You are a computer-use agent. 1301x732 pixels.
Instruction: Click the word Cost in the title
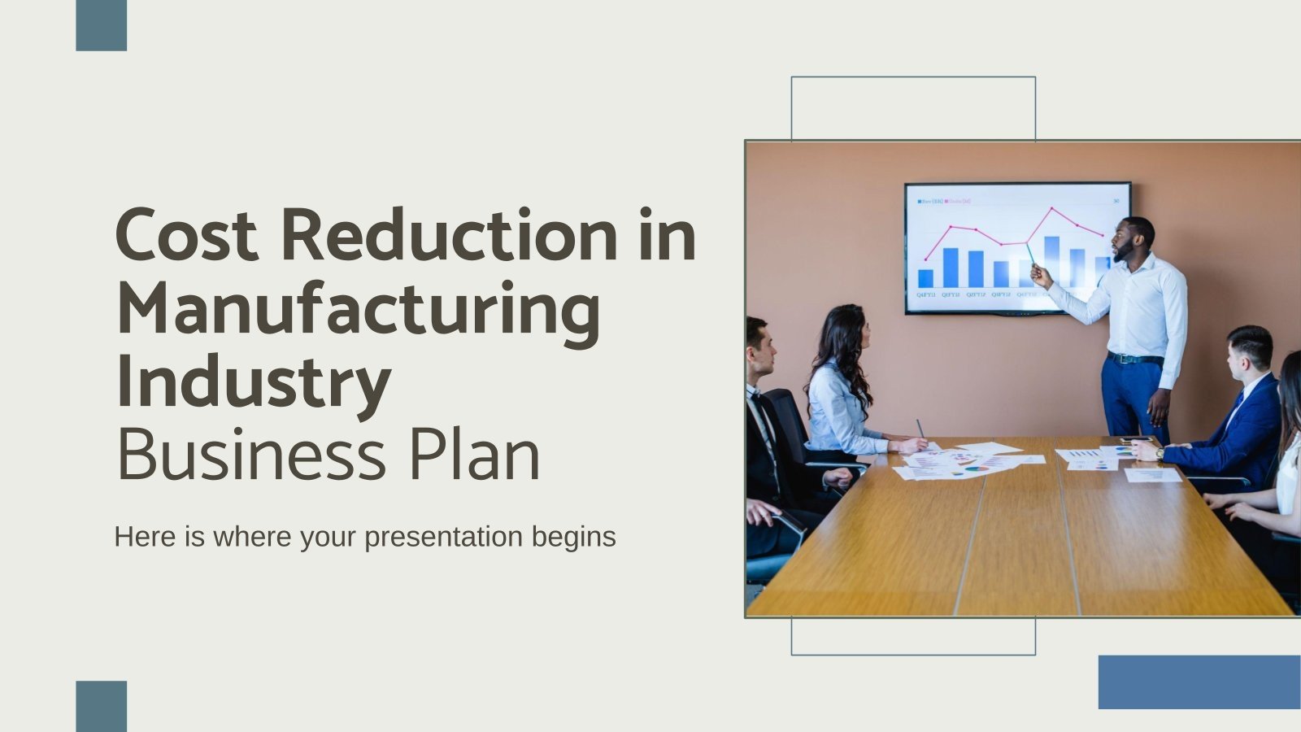[x=187, y=236]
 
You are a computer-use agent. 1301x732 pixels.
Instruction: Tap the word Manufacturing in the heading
[x=358, y=311]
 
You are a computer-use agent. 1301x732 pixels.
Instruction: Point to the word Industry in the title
[x=253, y=382]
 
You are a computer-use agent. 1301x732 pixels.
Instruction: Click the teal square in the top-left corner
[x=101, y=25]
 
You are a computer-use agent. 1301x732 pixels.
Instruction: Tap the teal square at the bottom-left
[x=101, y=705]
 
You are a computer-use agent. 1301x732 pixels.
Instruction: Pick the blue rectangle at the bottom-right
[x=1199, y=682]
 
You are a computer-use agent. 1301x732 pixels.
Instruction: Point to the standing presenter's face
[x=1130, y=241]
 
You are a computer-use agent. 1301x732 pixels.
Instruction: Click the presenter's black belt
[x=1134, y=358]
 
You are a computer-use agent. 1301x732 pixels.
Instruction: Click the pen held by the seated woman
[x=920, y=429]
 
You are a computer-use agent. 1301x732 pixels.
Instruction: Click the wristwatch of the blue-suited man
[x=1160, y=453]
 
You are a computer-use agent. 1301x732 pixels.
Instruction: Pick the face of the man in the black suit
[x=760, y=350]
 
